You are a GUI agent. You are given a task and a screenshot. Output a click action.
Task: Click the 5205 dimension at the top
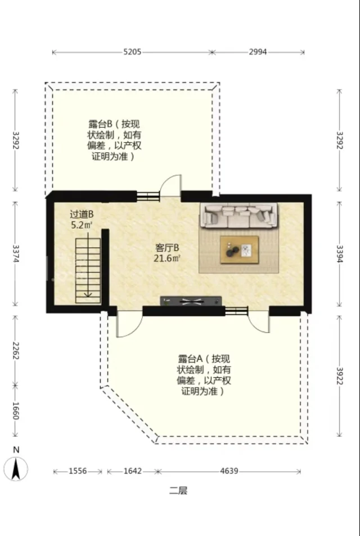[x=132, y=52]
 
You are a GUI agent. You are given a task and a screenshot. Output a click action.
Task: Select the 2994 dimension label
[x=258, y=52]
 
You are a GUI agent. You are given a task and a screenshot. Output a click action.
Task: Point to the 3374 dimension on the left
[x=16, y=254]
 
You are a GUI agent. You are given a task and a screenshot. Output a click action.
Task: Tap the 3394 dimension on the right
[x=340, y=254]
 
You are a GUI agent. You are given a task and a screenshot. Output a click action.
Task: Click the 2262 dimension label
[x=16, y=350]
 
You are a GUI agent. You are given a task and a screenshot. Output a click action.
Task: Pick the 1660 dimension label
[x=16, y=410]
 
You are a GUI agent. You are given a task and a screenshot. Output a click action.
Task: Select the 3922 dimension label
[x=340, y=376]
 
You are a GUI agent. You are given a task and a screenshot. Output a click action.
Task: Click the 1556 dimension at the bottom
[x=78, y=471]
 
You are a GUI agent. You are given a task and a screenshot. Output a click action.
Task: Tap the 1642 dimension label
[x=133, y=471]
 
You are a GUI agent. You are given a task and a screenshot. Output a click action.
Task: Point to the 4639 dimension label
[x=229, y=471]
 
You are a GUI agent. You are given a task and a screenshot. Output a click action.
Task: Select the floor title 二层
[x=178, y=491]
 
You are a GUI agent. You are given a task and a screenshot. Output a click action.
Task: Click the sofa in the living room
[x=239, y=216]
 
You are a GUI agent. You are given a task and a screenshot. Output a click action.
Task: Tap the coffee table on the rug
[x=240, y=250]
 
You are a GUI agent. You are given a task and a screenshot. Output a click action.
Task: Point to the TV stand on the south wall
[x=191, y=301]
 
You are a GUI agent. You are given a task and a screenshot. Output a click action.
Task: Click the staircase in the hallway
[x=88, y=271]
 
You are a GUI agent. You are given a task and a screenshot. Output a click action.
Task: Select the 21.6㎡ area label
[x=167, y=258]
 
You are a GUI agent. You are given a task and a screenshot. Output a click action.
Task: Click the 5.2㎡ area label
[x=82, y=225]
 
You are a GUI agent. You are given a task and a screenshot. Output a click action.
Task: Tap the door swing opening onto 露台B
[x=171, y=186]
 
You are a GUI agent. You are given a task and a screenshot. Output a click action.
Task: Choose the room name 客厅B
[x=167, y=248]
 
